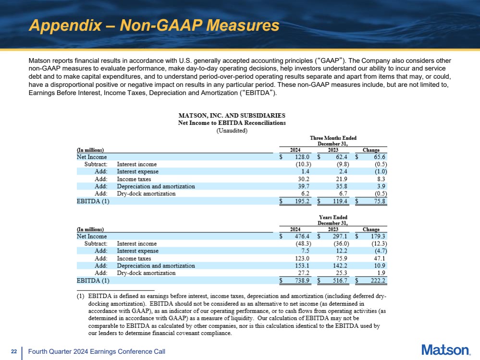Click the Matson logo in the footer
[445, 350]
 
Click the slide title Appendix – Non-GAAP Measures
[154, 25]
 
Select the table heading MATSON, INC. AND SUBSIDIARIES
[232, 116]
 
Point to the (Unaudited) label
[232, 130]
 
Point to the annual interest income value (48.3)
[302, 243]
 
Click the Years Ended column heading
[333, 217]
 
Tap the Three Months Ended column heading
[333, 138]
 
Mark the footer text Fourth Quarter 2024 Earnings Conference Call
[97, 352]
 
